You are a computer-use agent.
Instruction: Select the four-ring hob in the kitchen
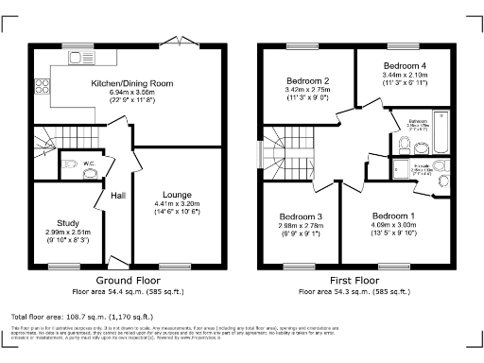[43, 88]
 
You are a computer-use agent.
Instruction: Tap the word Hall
[119, 196]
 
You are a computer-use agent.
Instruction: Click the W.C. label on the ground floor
[88, 164]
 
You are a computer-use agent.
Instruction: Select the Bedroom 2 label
[307, 81]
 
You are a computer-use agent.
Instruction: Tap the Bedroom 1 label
[392, 216]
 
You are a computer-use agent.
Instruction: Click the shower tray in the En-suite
[403, 169]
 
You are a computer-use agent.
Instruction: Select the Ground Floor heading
[127, 281]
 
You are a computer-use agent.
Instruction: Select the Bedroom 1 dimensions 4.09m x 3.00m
[392, 225]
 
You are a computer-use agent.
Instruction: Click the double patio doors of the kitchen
[173, 41]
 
